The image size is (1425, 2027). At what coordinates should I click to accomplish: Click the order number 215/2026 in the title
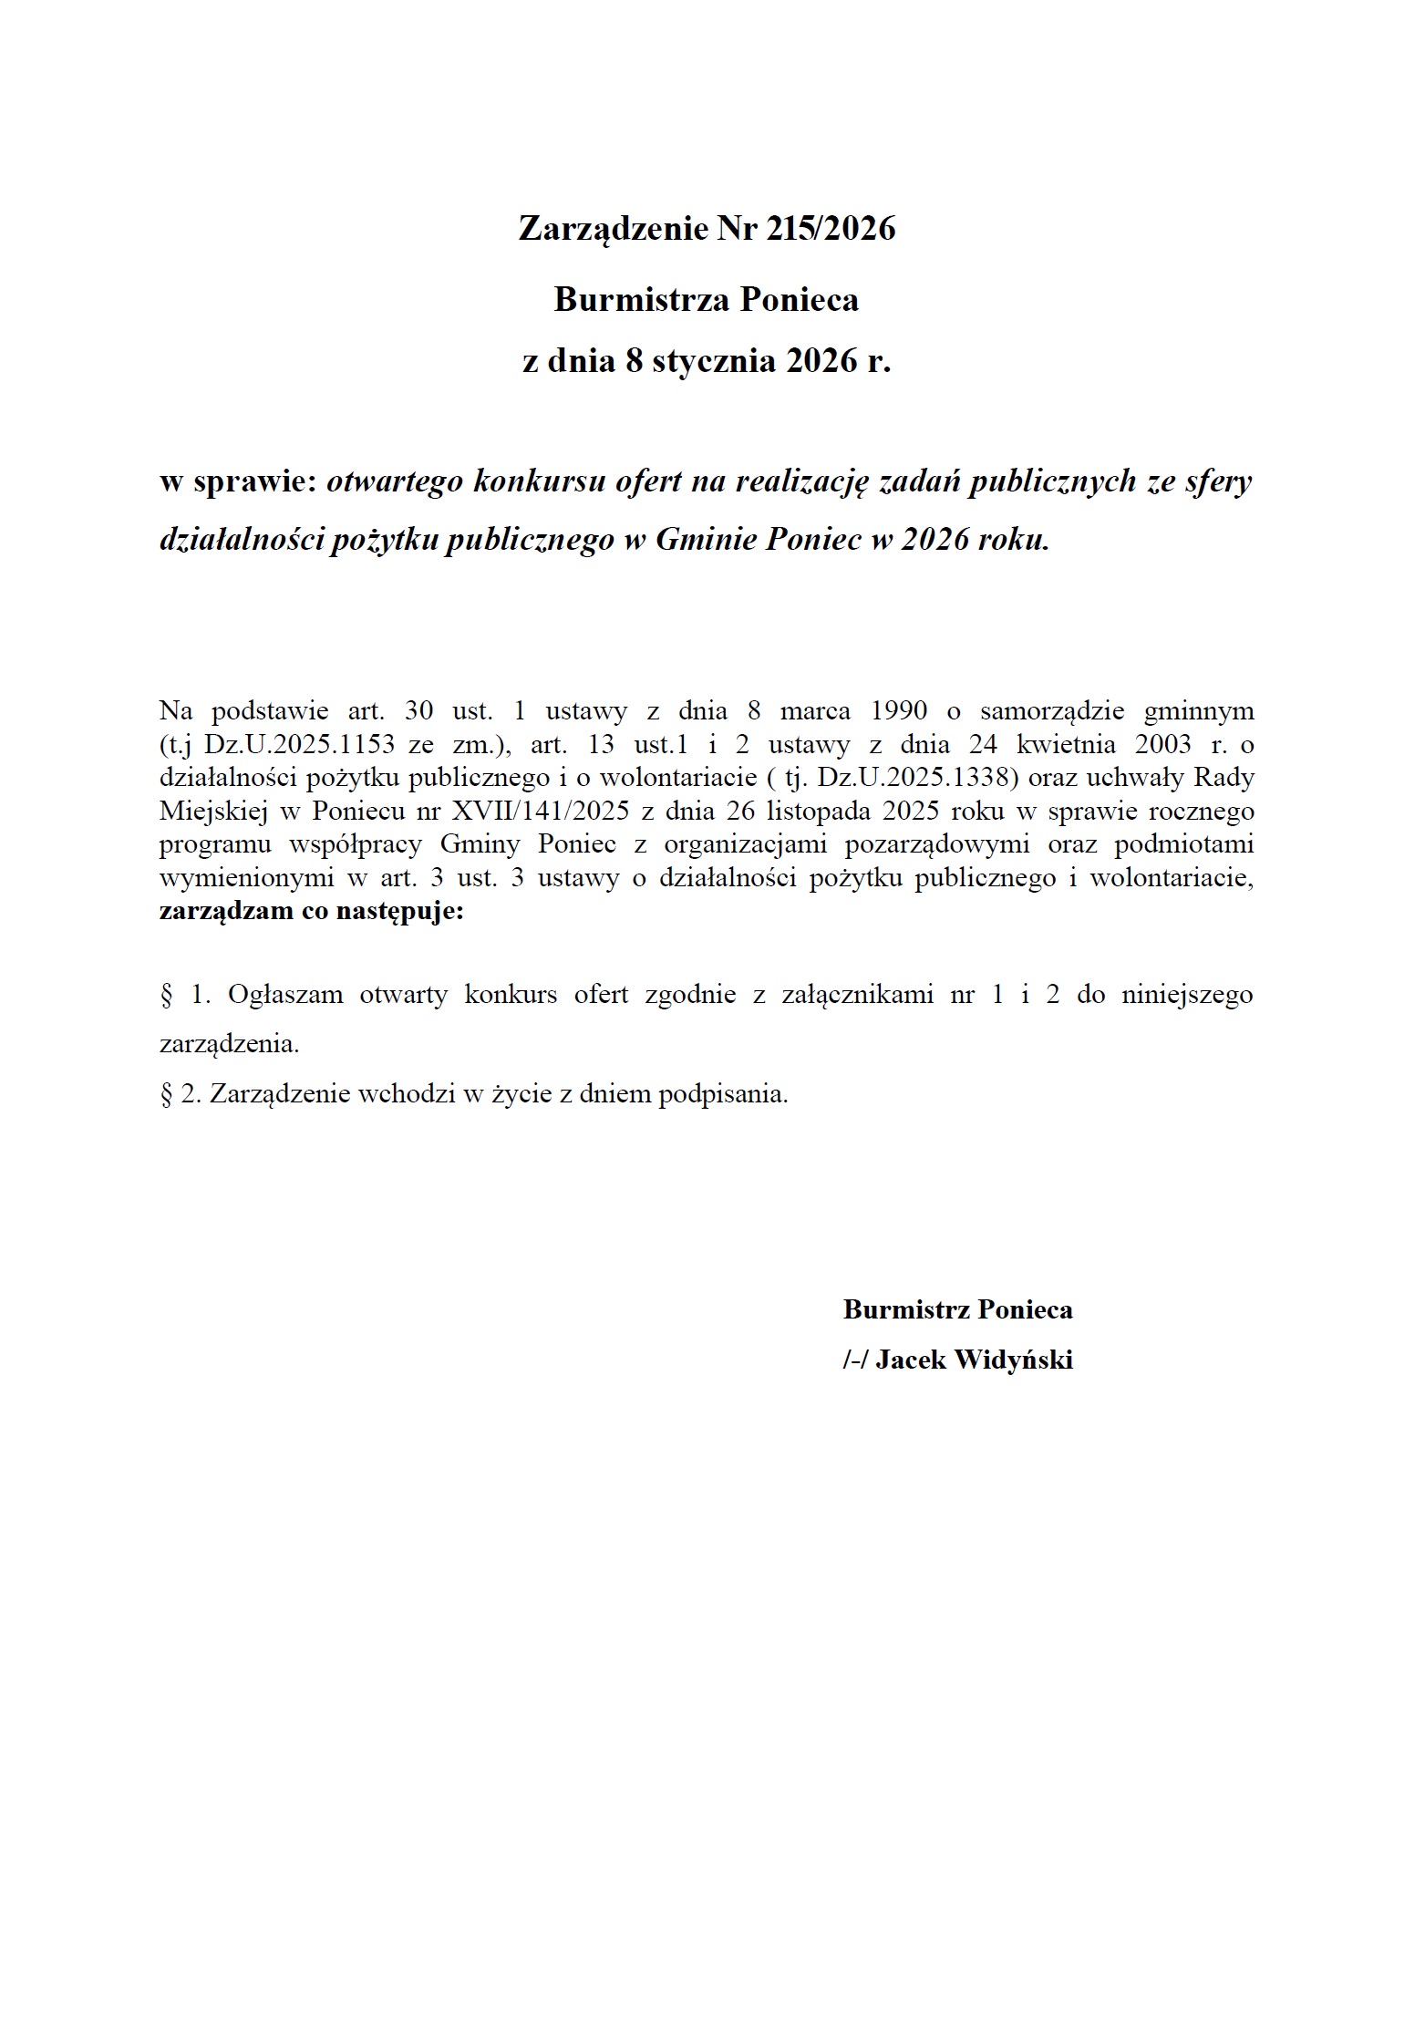(831, 228)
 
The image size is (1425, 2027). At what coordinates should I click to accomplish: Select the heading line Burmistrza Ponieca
(707, 299)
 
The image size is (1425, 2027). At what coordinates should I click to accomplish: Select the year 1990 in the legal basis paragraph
(899, 710)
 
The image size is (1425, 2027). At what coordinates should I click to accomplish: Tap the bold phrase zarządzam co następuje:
(311, 911)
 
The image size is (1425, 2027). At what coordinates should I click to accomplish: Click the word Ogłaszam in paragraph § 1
(285, 994)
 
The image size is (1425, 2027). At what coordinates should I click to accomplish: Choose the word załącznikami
(857, 994)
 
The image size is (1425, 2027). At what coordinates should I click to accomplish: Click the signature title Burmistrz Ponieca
(957, 1309)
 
